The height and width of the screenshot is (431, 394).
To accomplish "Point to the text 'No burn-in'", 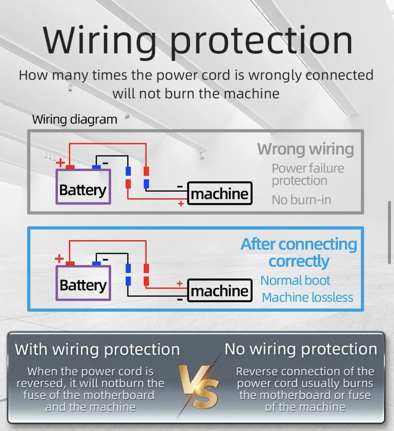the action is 301,200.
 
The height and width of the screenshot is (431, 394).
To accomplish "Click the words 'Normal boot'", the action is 295,280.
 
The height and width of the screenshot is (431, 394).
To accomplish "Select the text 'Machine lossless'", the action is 307,297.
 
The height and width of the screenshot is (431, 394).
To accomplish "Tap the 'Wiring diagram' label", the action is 75,119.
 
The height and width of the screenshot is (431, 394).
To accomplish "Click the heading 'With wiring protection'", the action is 97,349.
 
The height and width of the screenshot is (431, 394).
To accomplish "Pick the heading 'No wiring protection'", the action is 301,349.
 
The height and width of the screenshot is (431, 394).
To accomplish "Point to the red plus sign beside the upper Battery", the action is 61,162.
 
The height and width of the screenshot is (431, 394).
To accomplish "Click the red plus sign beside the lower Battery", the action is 59,259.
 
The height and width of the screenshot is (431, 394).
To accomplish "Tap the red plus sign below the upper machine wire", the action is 181,203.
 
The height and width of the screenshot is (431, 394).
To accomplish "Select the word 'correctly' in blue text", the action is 299,261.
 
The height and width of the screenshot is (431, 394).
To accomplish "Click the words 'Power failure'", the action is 308,168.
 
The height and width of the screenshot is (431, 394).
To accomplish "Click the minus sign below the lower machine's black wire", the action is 180,299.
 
